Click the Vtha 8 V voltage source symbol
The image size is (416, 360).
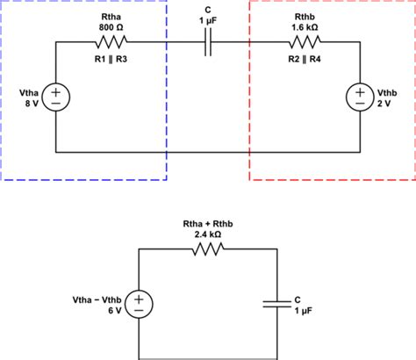click(55, 96)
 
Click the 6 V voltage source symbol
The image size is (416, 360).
click(139, 304)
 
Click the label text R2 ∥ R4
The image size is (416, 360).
click(305, 60)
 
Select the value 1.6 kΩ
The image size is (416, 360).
click(305, 26)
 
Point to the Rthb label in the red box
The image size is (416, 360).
click(305, 15)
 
